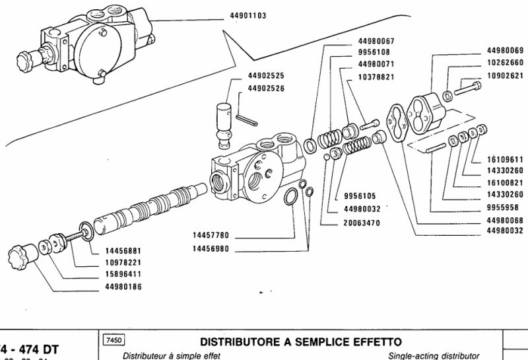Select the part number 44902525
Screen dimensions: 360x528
266,76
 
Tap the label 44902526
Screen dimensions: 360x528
266,88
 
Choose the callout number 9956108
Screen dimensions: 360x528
374,54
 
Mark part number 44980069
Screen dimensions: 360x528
505,51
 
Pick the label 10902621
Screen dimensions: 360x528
505,75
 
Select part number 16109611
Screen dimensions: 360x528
505,159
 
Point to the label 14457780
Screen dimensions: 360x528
211,235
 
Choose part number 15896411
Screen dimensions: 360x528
123,274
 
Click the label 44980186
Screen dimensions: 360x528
123,286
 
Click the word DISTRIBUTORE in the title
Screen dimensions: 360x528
240,342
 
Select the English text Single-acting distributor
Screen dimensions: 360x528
434,355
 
